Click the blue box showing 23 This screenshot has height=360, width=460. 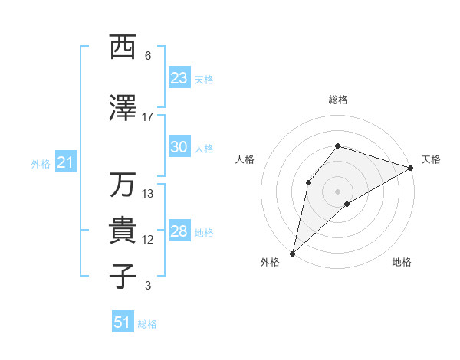click(x=179, y=78)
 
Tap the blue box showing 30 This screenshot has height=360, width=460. click(x=179, y=148)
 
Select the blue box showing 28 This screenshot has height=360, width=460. click(x=179, y=232)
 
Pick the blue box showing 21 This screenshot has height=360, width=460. click(x=65, y=163)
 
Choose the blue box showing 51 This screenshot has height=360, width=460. click(x=123, y=322)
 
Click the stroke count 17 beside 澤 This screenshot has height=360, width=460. click(x=148, y=117)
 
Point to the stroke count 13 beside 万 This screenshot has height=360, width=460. click(x=148, y=194)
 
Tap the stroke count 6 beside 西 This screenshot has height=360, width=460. click(x=148, y=56)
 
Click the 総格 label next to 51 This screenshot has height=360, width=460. click(x=147, y=324)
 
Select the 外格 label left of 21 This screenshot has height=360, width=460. click(x=40, y=164)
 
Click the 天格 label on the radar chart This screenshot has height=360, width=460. click(x=431, y=159)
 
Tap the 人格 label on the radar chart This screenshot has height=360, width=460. click(x=245, y=159)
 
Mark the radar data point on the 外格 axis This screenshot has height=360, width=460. click(x=292, y=253)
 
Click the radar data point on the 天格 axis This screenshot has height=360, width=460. click(x=411, y=168)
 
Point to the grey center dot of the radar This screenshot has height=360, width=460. click(x=337, y=191)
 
